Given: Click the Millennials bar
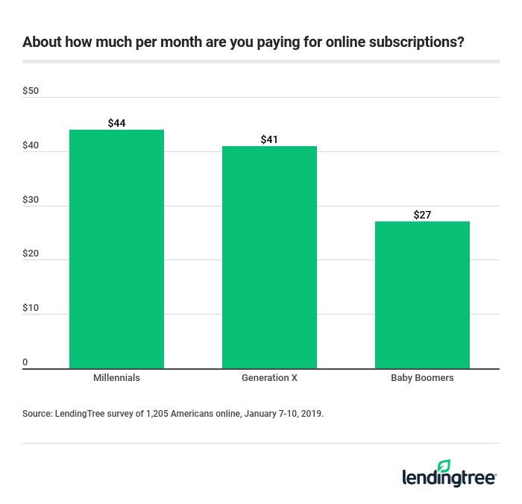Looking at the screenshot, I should [x=116, y=249].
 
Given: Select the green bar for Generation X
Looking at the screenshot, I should [x=269, y=257].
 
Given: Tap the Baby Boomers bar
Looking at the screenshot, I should [x=422, y=294].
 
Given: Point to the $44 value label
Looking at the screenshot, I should [x=116, y=123].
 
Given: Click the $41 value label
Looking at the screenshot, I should [x=269, y=139].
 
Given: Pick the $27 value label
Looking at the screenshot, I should [x=422, y=215].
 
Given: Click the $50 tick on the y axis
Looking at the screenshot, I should [x=31, y=91].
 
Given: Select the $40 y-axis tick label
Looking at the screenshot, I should [x=31, y=145].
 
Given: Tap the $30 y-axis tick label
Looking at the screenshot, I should [x=31, y=200].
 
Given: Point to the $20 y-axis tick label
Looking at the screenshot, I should [x=31, y=253].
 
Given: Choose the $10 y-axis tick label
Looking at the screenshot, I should [x=31, y=308].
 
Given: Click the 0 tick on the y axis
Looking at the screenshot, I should [x=25, y=362].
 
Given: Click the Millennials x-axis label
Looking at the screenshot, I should [x=116, y=378].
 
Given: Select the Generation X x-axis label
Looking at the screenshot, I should [x=269, y=378].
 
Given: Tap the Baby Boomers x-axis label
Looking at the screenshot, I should [x=422, y=378].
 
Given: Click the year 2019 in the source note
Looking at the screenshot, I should [x=311, y=412].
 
